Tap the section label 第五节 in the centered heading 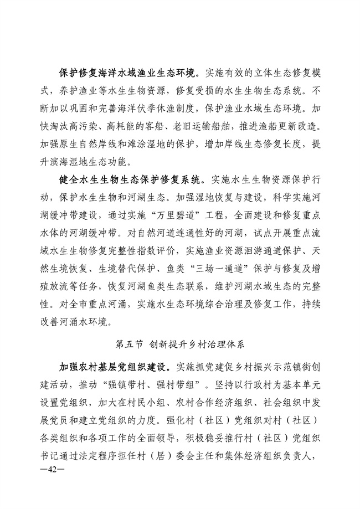coord(129,343)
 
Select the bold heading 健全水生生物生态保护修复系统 coord(130,181)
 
